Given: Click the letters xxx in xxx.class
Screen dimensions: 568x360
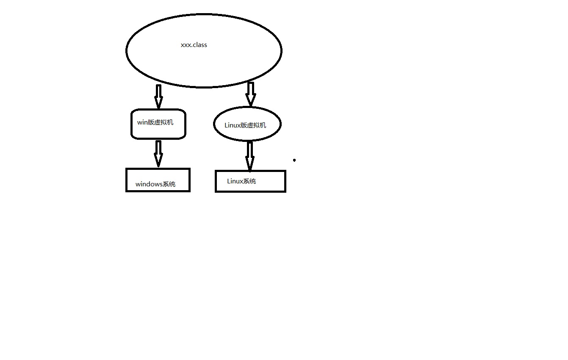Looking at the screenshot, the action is click(x=186, y=45).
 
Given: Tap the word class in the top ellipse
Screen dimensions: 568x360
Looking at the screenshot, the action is click(x=200, y=45).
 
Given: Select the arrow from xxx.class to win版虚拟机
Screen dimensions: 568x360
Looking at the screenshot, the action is click(x=158, y=97).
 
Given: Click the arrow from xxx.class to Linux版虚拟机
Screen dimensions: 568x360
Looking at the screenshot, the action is click(x=250, y=94).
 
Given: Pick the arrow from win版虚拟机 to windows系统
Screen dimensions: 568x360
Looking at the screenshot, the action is click(x=158, y=154).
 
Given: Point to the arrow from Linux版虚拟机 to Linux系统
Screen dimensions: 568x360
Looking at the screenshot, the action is click(x=250, y=156).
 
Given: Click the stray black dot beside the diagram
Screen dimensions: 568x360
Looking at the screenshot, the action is click(x=294, y=160).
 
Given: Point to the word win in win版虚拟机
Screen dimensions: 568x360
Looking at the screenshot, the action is click(x=142, y=122).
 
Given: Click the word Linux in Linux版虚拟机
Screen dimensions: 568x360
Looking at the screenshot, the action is click(x=232, y=125).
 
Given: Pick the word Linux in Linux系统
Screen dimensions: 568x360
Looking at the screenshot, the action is click(x=235, y=181).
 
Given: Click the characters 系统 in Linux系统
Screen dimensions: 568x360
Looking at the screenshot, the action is click(x=249, y=181).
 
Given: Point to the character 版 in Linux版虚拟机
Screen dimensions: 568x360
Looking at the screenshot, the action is click(x=244, y=125).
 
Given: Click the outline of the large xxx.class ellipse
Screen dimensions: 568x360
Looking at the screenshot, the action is click(x=204, y=14).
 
